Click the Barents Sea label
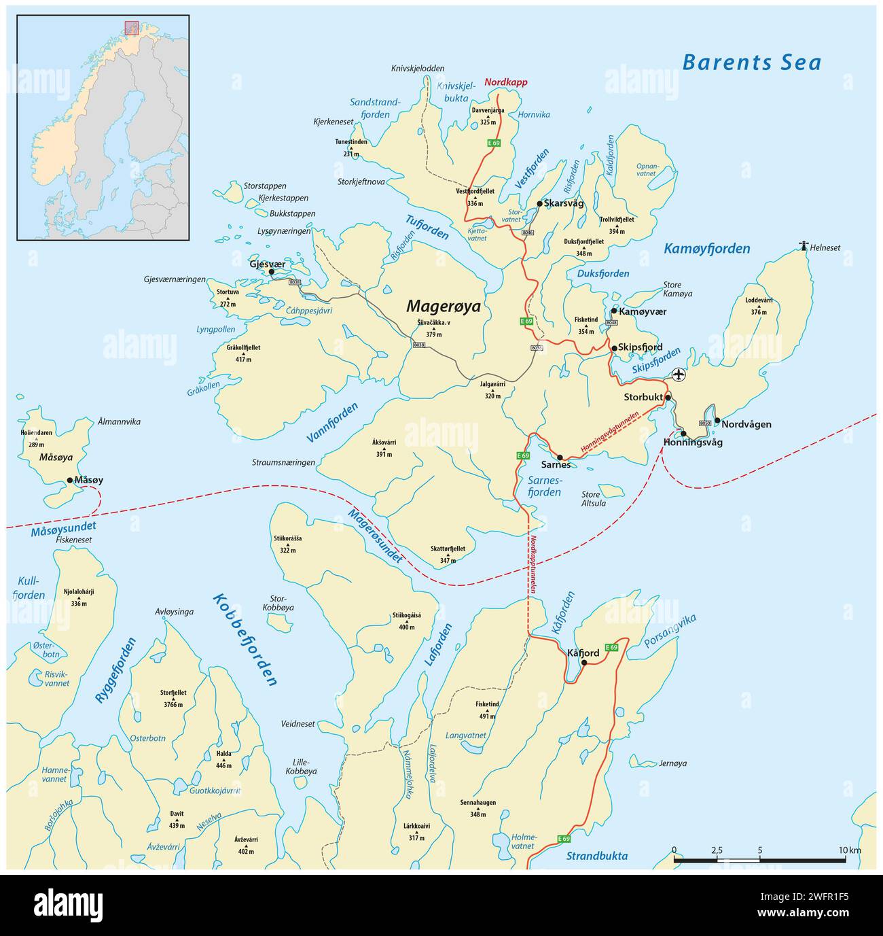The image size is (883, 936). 751,63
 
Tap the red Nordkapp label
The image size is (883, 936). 505,82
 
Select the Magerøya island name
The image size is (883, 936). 443,307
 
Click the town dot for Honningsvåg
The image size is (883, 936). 683,434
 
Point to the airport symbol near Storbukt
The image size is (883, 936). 678,375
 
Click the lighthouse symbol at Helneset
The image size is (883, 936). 804,246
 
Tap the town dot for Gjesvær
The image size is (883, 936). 271,272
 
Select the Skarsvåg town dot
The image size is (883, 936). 539,204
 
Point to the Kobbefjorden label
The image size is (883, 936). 245,639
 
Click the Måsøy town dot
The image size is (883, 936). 70,480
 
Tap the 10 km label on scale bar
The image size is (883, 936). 849,850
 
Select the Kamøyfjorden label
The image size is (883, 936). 706,249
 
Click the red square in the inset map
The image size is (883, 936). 131,28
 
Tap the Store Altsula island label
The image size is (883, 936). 591,499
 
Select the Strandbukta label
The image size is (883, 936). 597,856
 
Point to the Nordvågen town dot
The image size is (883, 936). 717,420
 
